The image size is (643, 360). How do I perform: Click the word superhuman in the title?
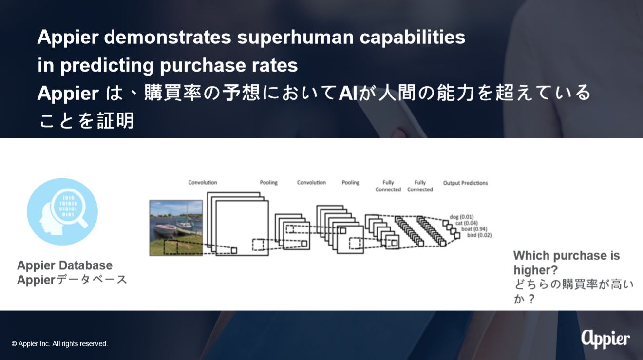point(295,38)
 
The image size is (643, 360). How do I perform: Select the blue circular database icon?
point(62,211)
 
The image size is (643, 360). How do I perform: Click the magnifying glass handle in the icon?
point(82,222)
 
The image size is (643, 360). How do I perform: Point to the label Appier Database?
point(65,265)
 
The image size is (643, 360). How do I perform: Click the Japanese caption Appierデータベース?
point(72,280)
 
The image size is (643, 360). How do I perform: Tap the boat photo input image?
point(176,228)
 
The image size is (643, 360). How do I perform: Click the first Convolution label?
point(203,182)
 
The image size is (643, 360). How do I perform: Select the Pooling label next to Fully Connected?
point(351,182)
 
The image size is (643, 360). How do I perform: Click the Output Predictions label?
point(465,183)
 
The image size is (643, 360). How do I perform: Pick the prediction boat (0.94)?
point(474,229)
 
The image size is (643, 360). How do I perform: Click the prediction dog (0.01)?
point(462,217)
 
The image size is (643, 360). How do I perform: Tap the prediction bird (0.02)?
point(479,235)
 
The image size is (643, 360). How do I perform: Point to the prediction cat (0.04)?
point(467,223)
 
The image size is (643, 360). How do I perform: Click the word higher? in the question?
point(535,270)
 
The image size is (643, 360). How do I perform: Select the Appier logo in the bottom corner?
point(605,340)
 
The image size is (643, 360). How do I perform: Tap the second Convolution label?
point(311,182)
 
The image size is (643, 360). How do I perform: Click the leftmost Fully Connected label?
point(388,186)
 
